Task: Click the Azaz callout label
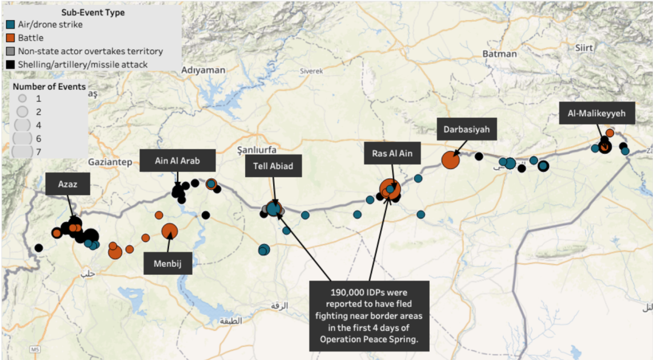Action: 67,184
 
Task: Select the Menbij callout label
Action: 167,263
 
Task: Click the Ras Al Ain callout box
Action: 392,153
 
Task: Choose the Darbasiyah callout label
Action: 466,130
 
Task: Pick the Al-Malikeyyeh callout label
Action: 596,113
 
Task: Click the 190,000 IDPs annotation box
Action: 368,315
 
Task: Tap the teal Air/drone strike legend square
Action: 11,25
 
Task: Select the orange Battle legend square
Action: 11,38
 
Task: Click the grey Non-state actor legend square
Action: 11,51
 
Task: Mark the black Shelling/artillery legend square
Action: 11,65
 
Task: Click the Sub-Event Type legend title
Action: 93,12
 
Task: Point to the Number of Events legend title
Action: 50,87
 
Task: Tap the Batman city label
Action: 499,54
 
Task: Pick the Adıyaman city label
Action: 203,70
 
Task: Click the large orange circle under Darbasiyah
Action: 450,160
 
